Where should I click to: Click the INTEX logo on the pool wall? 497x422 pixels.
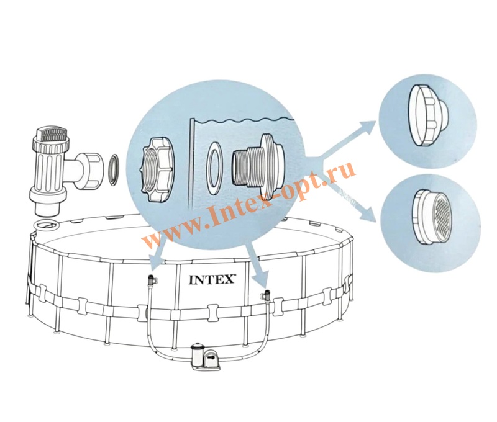coord(212,280)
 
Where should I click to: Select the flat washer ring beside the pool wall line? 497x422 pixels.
coord(213,168)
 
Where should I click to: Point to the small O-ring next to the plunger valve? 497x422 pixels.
coord(113,169)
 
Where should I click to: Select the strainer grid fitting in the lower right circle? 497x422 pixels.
coord(431,217)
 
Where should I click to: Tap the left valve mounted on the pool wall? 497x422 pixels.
coord(152,280)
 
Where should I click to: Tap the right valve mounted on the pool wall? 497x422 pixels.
coord(265,295)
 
